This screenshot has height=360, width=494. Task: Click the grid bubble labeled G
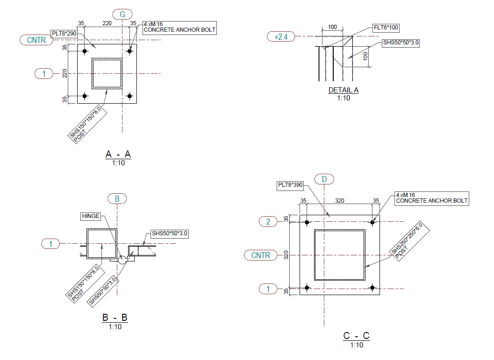click(122, 14)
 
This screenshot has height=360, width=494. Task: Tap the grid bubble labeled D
click(324, 179)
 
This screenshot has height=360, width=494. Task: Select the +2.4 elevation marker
click(281, 36)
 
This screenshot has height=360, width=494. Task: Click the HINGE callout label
click(91, 216)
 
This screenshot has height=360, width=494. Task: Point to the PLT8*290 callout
click(64, 34)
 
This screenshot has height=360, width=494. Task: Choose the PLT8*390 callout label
click(290, 185)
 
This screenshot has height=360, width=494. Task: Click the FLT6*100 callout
click(386, 28)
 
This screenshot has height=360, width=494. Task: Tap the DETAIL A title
click(344, 90)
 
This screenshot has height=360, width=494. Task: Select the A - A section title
click(118, 154)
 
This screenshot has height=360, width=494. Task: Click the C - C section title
click(356, 336)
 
